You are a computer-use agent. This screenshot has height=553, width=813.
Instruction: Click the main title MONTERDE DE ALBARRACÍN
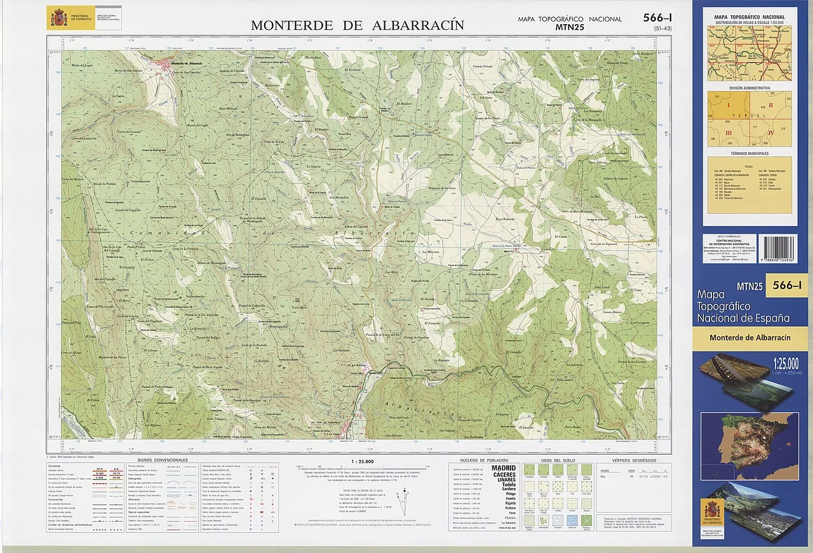pos(357,25)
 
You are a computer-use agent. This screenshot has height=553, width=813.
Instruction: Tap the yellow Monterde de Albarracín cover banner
pos(749,338)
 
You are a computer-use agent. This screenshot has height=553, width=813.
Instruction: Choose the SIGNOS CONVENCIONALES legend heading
pos(163,460)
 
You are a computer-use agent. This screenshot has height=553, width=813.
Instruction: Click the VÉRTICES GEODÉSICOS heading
pos(634,460)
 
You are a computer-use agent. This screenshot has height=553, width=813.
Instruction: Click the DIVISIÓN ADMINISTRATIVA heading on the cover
pos(749,88)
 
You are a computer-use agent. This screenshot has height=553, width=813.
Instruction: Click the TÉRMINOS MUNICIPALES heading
pos(749,154)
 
